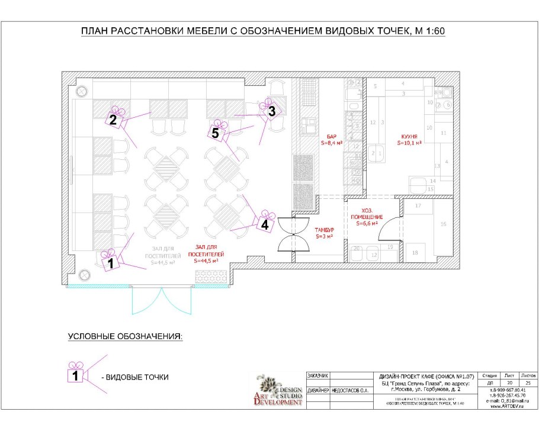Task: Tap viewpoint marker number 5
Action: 215,133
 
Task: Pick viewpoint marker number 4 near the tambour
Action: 265,224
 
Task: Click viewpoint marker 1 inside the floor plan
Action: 110,263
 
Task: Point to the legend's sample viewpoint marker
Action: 75,375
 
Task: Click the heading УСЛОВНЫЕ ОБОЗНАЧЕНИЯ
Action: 126,336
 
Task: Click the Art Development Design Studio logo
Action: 279,390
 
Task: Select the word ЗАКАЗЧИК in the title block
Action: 317,375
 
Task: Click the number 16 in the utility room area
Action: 443,225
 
